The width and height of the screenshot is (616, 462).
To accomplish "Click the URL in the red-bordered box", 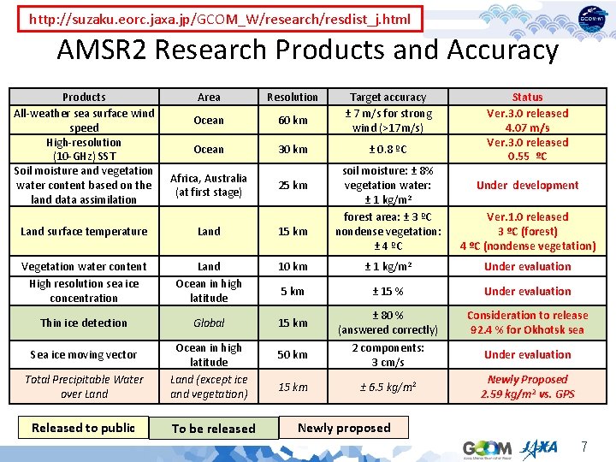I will (220, 18).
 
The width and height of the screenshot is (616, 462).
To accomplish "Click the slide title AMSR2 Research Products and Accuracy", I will (307, 50).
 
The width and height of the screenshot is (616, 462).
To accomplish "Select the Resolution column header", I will (293, 98).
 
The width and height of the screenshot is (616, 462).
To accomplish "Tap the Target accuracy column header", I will (388, 98).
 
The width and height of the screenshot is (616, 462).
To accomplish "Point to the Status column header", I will (527, 98).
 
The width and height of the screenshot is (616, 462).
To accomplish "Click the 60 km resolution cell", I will (293, 121).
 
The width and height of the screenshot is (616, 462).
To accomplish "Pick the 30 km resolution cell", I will (293, 150).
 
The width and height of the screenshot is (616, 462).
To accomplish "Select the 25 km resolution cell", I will (293, 186).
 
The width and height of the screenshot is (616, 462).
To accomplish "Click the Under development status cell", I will (527, 186).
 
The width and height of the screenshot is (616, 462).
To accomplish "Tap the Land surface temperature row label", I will (84, 232).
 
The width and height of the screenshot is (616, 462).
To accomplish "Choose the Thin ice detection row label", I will (84, 323).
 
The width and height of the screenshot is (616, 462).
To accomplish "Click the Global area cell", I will (209, 323).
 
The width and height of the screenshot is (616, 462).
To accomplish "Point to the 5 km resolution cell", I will (293, 292).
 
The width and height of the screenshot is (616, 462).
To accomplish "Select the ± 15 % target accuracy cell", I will (388, 292).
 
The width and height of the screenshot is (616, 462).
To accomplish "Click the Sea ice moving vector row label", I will (84, 355).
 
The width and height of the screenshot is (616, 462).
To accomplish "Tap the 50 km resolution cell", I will (293, 355).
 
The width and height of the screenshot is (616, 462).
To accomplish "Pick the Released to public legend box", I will (83, 428).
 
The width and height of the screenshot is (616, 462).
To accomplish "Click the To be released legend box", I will (214, 429).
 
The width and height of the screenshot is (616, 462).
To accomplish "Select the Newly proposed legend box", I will (344, 428).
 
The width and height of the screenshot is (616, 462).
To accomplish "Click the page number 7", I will (584, 446).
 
